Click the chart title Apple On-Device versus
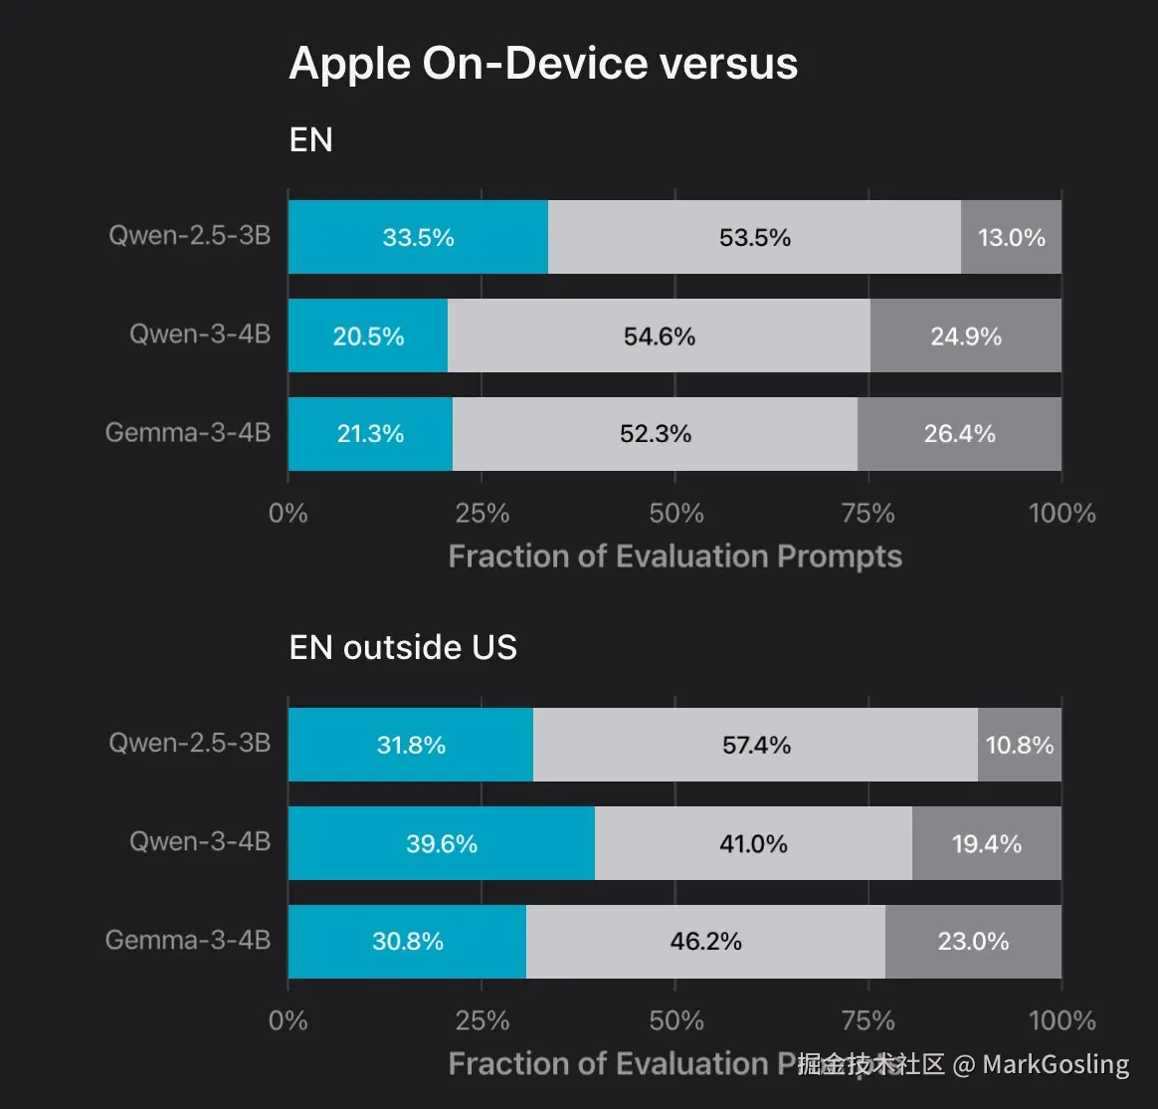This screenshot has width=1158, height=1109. [543, 65]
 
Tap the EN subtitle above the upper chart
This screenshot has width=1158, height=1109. [310, 140]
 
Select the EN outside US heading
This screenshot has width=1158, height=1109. [403, 648]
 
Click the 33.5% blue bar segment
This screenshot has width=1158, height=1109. [418, 237]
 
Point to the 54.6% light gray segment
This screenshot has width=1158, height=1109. [659, 336]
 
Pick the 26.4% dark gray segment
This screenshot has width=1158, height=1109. [959, 434]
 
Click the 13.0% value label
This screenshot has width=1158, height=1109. [1012, 237]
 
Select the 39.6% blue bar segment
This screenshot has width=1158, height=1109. [441, 844]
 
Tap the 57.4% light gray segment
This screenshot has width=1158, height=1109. [756, 745]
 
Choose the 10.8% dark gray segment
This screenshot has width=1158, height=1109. [1020, 745]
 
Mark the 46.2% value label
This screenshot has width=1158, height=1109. [705, 941]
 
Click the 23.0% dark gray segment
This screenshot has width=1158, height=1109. [973, 941]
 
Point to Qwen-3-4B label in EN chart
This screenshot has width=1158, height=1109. [200, 334]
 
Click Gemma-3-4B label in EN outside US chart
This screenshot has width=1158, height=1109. [188, 940]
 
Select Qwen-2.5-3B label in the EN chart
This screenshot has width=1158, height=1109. [190, 237]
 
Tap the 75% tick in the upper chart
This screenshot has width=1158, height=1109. [868, 514]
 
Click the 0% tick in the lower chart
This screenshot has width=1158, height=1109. [288, 1020]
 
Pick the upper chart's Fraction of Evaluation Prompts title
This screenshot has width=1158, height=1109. [675, 555]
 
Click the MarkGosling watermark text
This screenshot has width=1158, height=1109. [1056, 1064]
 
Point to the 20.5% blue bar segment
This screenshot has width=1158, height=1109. [368, 336]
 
